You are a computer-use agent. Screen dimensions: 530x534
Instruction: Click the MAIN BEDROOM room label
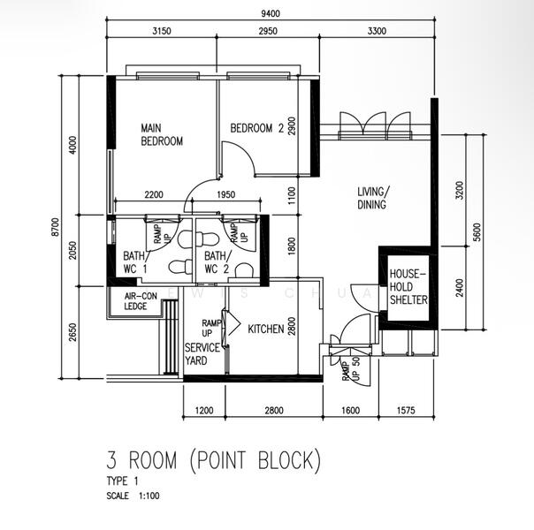click(x=162, y=135)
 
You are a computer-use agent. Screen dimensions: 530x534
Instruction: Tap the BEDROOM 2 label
click(x=256, y=128)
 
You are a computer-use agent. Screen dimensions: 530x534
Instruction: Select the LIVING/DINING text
click(x=372, y=199)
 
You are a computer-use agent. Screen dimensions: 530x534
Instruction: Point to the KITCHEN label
click(x=265, y=329)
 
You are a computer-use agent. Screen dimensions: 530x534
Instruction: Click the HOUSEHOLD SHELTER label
click(x=408, y=287)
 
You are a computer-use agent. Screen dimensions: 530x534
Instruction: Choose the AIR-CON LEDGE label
click(x=141, y=302)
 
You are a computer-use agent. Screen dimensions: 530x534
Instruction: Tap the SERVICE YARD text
click(x=202, y=354)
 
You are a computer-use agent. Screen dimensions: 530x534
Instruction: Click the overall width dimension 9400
click(x=271, y=12)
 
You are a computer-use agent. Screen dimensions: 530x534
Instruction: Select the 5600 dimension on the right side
click(x=477, y=232)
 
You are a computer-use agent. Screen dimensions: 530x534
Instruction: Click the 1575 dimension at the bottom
click(x=407, y=410)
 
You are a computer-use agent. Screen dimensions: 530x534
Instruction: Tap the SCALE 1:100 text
click(x=132, y=496)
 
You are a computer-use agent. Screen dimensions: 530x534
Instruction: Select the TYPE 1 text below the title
click(x=122, y=481)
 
